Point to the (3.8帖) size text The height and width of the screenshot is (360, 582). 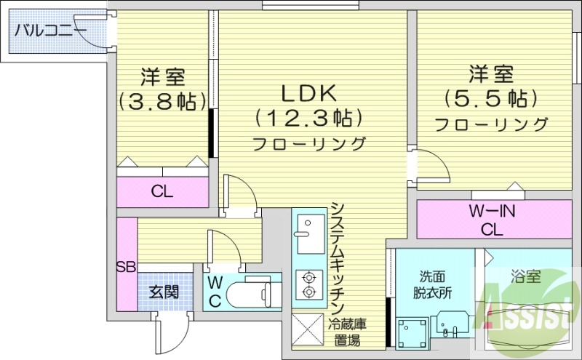point(162,100)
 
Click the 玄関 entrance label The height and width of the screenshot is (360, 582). point(164,292)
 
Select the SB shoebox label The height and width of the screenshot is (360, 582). point(126,266)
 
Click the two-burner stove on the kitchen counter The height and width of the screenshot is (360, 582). point(308,284)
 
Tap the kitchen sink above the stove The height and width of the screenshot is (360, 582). point(309,233)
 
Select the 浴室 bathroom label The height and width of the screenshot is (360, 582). point(525,276)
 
